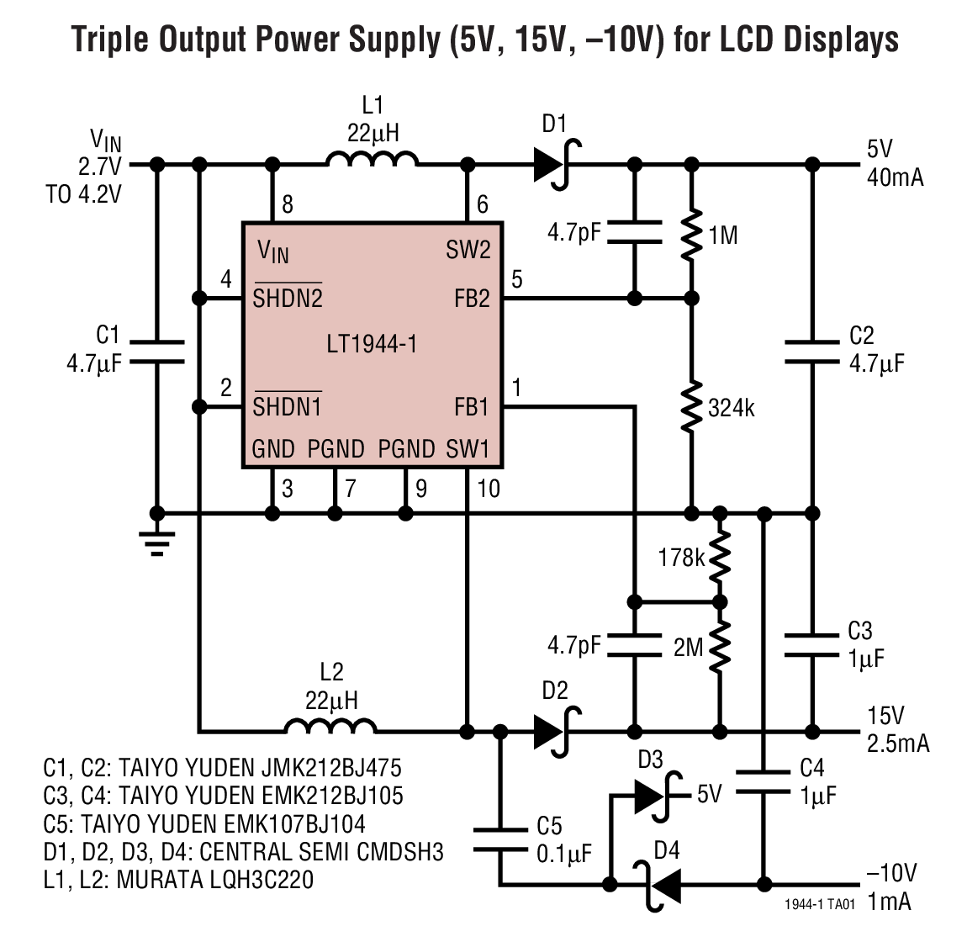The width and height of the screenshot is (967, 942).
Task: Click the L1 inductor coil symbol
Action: coord(372,159)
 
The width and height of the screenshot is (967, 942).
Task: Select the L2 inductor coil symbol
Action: coord(330,726)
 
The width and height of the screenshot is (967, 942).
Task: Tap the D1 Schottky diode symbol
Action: coord(554,164)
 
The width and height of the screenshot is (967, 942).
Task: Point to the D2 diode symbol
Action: coord(554,730)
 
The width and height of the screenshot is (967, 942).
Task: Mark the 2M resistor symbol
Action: coord(720,646)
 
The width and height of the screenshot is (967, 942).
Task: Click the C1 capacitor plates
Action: coord(156,352)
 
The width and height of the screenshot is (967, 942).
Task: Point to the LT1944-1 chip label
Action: coord(372,344)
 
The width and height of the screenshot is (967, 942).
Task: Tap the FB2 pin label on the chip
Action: coord(471,299)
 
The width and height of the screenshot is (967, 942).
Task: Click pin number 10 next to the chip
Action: coord(488,488)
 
